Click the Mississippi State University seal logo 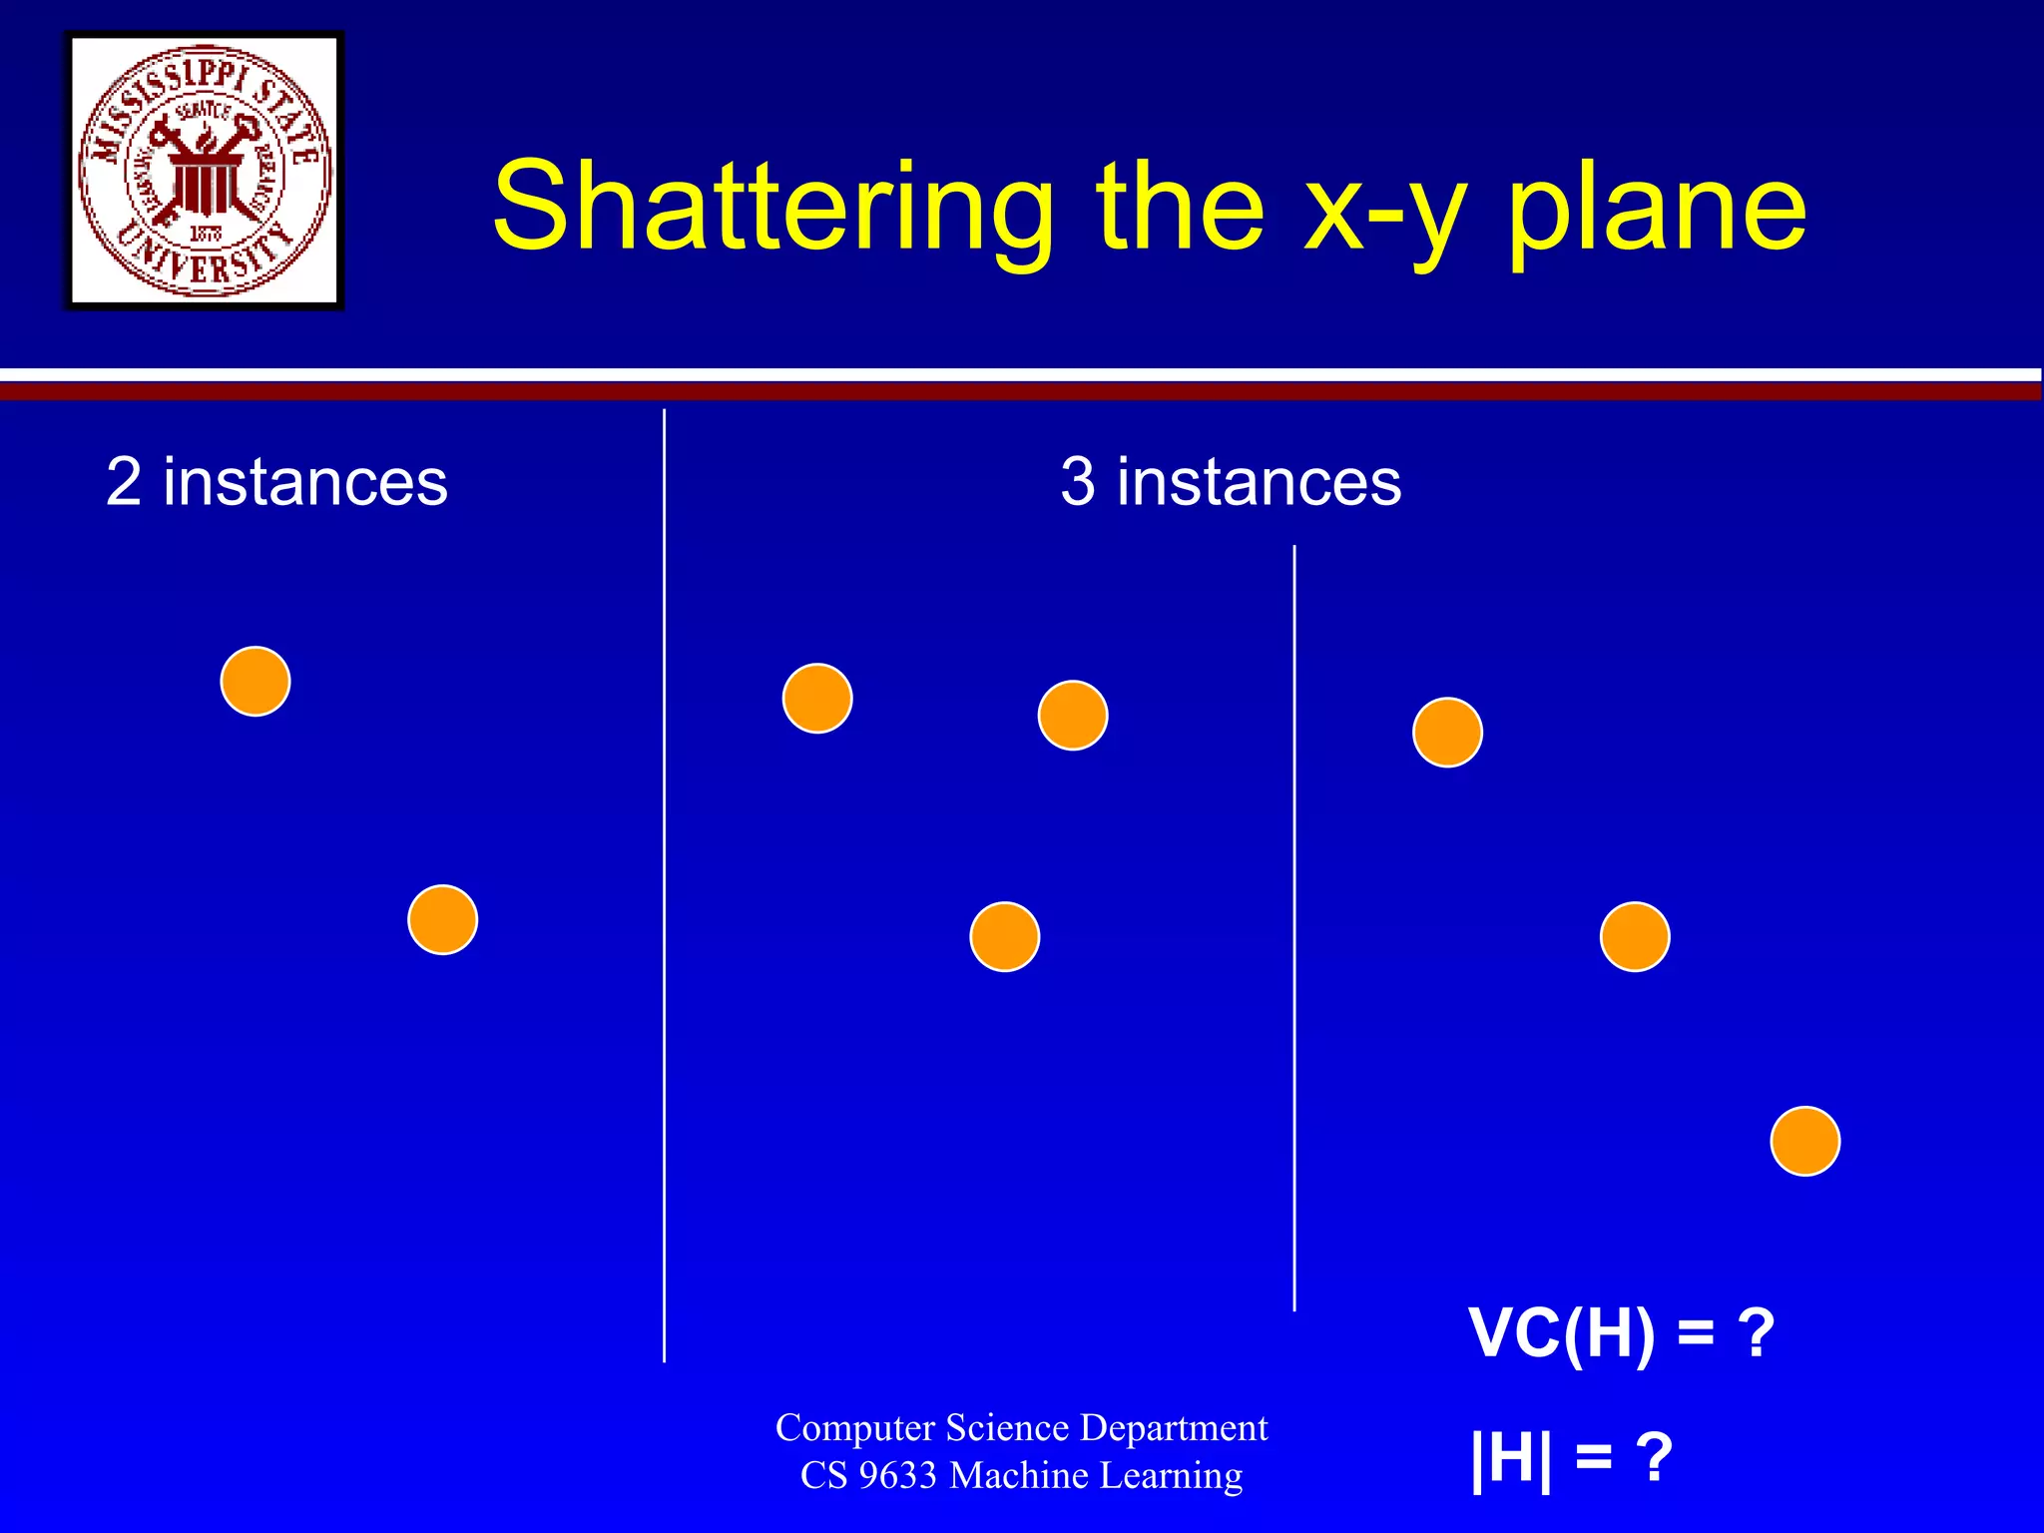click(205, 171)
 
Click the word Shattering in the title click(772, 208)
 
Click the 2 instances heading click(276, 482)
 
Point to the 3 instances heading click(1231, 482)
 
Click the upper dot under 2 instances click(255, 682)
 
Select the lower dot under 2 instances click(442, 919)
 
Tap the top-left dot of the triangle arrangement click(817, 699)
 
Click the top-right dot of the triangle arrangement click(1073, 716)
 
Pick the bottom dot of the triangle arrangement click(1005, 936)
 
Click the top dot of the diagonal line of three click(1447, 733)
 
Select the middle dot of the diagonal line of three click(1635, 936)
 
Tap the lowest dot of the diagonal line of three click(1804, 1141)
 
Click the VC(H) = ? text click(1621, 1333)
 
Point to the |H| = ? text click(1571, 1458)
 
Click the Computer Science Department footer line click(1021, 1428)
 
